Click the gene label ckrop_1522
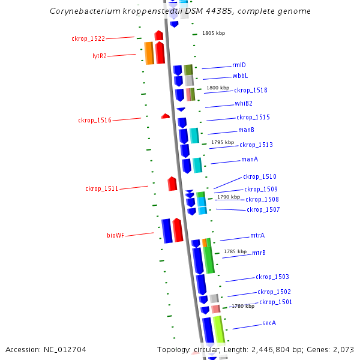tap(88, 38)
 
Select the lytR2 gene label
tap(100, 56)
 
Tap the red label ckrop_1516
tap(95, 120)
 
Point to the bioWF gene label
tap(116, 235)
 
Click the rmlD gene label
tap(239, 65)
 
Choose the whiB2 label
tap(244, 104)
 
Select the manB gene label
tap(246, 130)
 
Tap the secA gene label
tap(269, 323)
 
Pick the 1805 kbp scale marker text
tap(213, 34)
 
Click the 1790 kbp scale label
tap(228, 197)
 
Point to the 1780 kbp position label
tap(243, 306)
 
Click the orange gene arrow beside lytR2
tap(149, 53)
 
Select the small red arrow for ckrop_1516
tap(166, 116)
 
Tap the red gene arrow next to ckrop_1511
tap(172, 184)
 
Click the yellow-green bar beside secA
tap(218, 330)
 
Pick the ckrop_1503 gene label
tap(272, 277)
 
